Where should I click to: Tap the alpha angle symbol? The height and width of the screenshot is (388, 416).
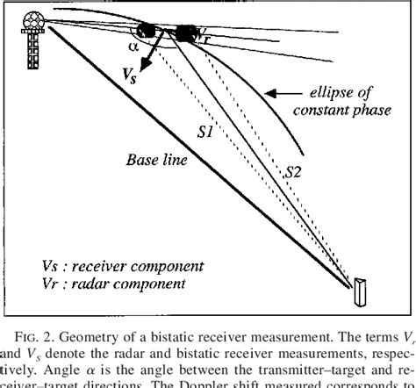[134, 45]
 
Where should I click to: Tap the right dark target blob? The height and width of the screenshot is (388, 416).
[185, 32]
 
